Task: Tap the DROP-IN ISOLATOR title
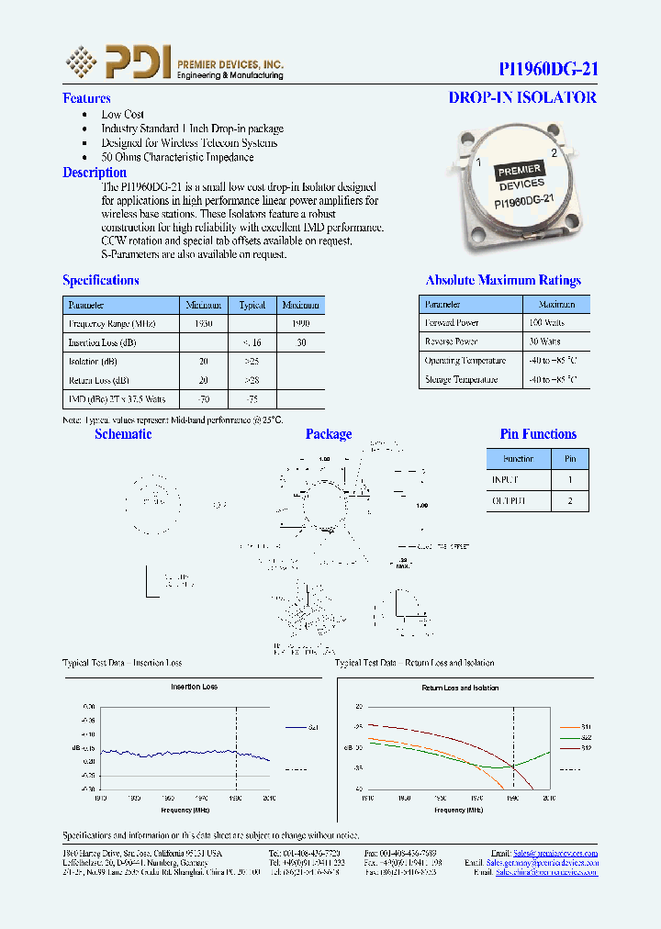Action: [522, 97]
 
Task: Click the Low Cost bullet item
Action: [122, 115]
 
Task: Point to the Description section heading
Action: [95, 173]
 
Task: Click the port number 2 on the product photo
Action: [553, 153]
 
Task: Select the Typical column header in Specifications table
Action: [252, 305]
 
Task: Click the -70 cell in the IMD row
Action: [204, 399]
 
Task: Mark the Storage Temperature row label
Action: [461, 379]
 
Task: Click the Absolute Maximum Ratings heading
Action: [503, 281]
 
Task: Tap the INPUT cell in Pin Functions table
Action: [505, 480]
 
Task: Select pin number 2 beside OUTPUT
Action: [570, 501]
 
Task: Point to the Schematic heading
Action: [123, 434]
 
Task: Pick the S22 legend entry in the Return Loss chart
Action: [586, 737]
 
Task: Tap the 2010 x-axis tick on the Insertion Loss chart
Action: [269, 799]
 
